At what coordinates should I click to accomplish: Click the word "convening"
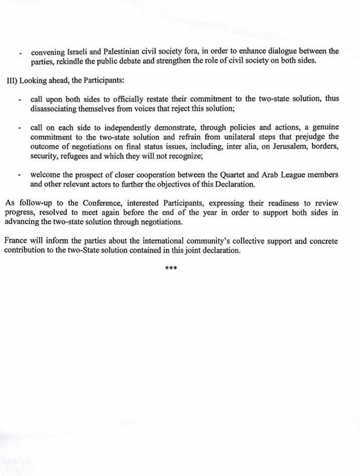[47, 52]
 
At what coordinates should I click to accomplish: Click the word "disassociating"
[53, 109]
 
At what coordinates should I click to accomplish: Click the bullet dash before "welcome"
[19, 176]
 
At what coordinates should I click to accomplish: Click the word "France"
[16, 241]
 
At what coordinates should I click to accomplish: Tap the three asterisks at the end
[171, 268]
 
